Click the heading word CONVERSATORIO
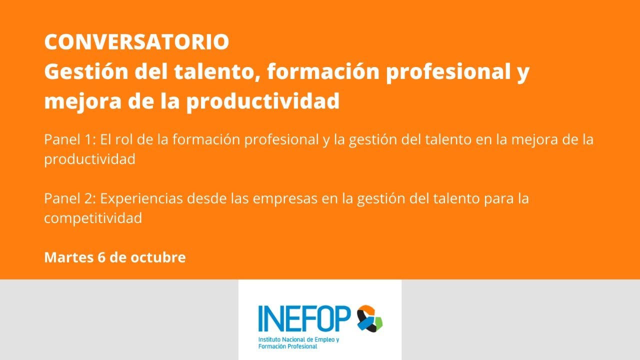tap(136, 42)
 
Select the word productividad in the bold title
tap(263, 101)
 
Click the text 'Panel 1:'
tap(70, 139)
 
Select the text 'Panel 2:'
tap(70, 198)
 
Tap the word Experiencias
tap(141, 198)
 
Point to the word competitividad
tap(93, 218)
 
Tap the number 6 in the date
tap(101, 257)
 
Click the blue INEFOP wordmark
tap(304, 318)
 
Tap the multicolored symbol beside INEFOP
tap(369, 318)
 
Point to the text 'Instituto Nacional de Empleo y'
tap(298, 340)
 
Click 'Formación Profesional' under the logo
tap(287, 346)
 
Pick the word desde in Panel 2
tap(207, 198)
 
